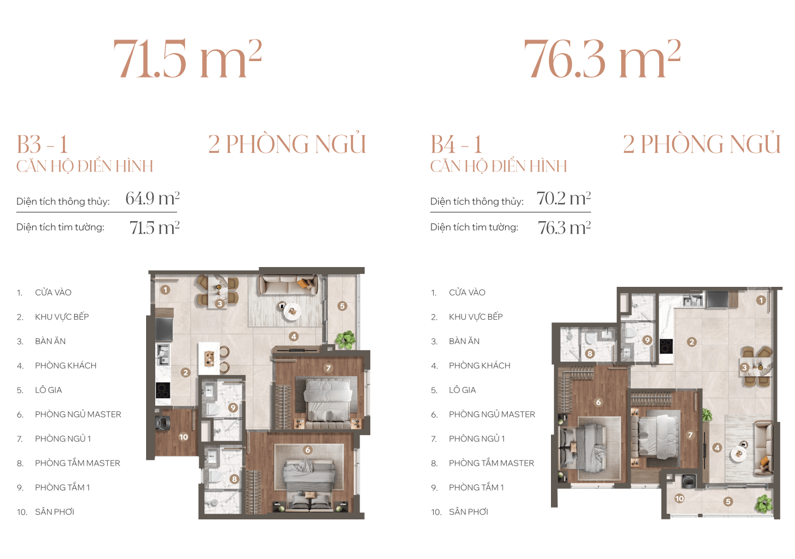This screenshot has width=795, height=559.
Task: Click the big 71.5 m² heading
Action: coord(187,58)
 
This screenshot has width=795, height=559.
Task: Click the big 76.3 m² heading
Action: coord(602,58)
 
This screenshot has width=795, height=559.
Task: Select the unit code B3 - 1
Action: coord(42,144)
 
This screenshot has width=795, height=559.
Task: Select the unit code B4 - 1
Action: coord(456,144)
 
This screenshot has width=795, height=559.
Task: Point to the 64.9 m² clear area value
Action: coord(153,198)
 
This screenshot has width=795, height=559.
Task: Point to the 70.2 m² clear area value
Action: coord(563,198)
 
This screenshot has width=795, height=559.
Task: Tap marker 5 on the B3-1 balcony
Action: coord(342,306)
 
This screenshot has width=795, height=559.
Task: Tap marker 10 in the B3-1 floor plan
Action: coord(183,437)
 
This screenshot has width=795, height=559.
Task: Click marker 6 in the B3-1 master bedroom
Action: coord(307,450)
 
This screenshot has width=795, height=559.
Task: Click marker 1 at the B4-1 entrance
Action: coord(760,300)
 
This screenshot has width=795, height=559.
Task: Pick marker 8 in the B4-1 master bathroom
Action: coord(590,353)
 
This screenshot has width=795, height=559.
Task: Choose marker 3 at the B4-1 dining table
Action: coord(745,367)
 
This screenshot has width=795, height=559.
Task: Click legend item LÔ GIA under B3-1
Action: coord(48,390)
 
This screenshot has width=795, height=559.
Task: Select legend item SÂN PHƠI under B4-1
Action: coord(468,512)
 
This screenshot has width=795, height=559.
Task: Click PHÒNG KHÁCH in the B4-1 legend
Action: coord(480,365)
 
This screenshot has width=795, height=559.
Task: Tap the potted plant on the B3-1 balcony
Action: coord(345,340)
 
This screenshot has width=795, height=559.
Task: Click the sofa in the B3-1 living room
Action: coord(288,285)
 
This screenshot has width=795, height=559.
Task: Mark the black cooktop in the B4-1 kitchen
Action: coord(666,346)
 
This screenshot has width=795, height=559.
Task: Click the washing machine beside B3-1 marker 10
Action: coord(163,423)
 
